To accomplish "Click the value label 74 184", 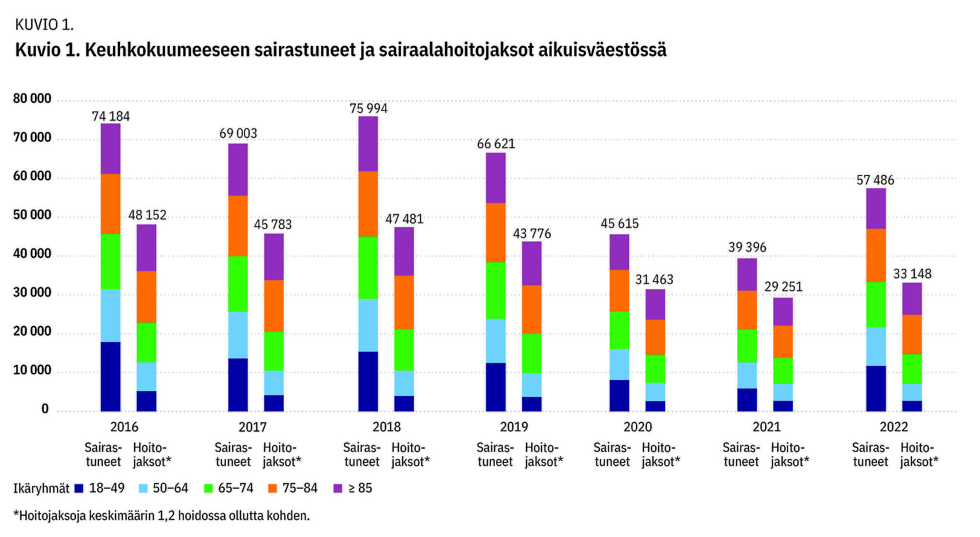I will pyautogui.click(x=111, y=116).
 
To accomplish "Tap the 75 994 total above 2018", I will pyautogui.click(x=368, y=109).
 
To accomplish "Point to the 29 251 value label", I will pyautogui.click(x=783, y=286).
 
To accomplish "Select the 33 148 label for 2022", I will pyautogui.click(x=913, y=274).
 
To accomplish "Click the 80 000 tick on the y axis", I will pyautogui.click(x=32, y=99).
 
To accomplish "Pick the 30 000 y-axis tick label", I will pyautogui.click(x=32, y=293).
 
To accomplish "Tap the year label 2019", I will pyautogui.click(x=514, y=427).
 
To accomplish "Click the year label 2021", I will pyautogui.click(x=767, y=427).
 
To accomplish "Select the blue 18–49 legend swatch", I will pyautogui.click(x=79, y=488).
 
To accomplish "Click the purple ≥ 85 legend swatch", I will pyautogui.click(x=338, y=488).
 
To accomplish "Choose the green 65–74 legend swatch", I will pyautogui.click(x=208, y=488).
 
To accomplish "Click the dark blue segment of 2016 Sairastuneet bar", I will pyautogui.click(x=111, y=376).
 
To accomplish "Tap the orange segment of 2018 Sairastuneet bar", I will pyautogui.click(x=368, y=204).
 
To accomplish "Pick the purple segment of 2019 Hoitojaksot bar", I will pyautogui.click(x=532, y=263).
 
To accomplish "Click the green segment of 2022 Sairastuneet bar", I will pyautogui.click(x=876, y=305).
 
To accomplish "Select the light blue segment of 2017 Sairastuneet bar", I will pyautogui.click(x=238, y=335).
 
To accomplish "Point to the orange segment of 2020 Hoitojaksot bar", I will pyautogui.click(x=655, y=337).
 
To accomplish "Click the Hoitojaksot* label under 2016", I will pyautogui.click(x=152, y=455).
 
